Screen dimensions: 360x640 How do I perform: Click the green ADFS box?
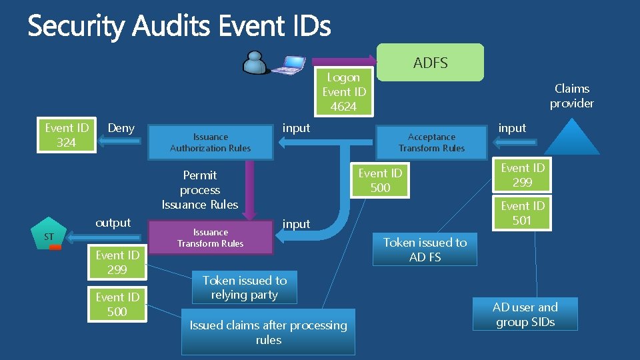click(431, 63)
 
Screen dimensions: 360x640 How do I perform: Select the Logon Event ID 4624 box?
click(343, 92)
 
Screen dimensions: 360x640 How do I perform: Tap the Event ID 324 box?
click(66, 135)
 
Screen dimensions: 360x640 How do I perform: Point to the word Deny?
click(121, 128)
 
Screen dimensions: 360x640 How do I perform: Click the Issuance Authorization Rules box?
click(210, 143)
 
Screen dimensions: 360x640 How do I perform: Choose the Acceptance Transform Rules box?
click(431, 143)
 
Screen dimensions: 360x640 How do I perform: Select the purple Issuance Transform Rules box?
click(210, 238)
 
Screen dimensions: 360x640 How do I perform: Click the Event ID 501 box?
click(522, 213)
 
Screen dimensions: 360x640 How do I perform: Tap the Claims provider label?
click(571, 96)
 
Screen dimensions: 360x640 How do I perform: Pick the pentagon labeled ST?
click(50, 235)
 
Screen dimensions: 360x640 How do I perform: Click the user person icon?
click(256, 63)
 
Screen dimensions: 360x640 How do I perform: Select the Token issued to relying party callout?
click(244, 287)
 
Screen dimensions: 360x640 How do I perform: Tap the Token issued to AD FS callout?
click(425, 249)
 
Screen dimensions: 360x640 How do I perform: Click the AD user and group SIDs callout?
click(525, 315)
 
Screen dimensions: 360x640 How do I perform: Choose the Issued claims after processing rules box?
click(268, 332)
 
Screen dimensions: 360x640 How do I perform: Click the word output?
click(113, 223)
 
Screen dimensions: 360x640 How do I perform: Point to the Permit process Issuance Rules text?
click(200, 190)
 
